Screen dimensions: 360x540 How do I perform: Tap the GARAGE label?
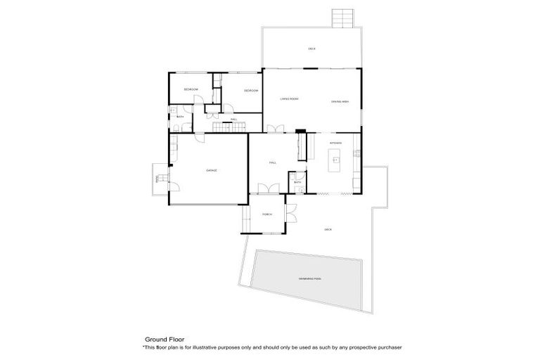tap(210, 170)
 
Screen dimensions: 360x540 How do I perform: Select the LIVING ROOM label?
tap(289, 99)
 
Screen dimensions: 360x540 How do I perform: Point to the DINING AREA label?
tap(340, 103)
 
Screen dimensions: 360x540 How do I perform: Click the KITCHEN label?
tap(335, 143)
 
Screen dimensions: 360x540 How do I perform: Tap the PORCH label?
tap(267, 214)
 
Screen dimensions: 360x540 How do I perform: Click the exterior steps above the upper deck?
tap(341, 18)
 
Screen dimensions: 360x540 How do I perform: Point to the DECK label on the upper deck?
tap(311, 49)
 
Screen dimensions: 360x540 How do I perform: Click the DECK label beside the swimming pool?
tap(328, 229)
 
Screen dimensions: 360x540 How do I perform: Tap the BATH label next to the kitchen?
tap(298, 182)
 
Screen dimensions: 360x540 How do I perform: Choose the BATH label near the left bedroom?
tap(181, 117)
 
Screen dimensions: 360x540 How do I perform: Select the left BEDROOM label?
tap(191, 89)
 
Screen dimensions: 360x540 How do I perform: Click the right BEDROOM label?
tap(251, 91)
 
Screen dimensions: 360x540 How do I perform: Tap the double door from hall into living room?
tap(276, 129)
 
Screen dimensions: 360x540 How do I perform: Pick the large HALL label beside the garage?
tap(272, 162)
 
